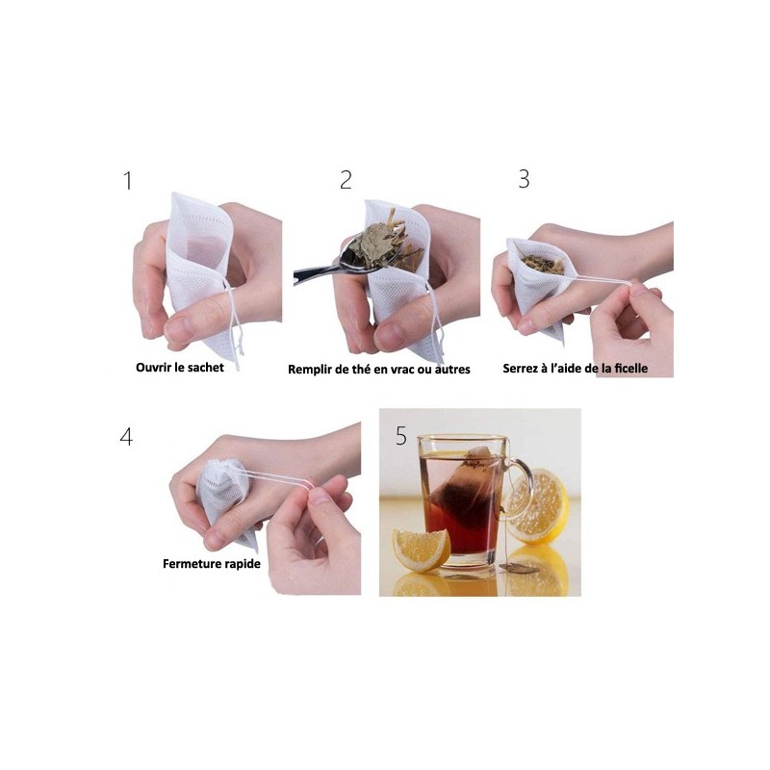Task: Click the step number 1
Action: (127, 180)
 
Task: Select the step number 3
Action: (524, 179)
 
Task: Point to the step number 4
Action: (126, 436)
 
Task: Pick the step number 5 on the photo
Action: (401, 436)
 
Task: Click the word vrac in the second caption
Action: (411, 369)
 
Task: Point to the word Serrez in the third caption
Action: (523, 368)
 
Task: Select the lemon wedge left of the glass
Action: (421, 549)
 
